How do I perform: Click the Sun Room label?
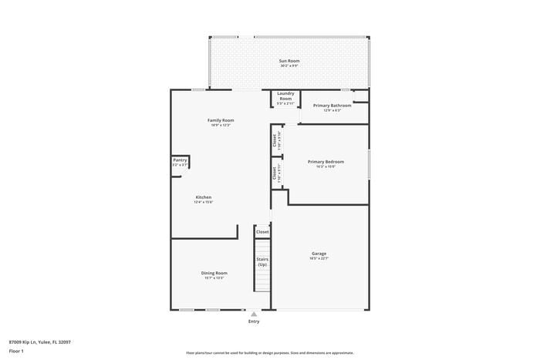[x=289, y=60]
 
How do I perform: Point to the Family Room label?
[x=221, y=120]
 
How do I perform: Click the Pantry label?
[x=180, y=160]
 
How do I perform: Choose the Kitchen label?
[x=203, y=197]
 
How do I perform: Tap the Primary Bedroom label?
[x=326, y=162]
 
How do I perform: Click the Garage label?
[x=319, y=254]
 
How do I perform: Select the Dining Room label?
[x=214, y=273]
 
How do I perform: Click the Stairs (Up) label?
[x=262, y=261]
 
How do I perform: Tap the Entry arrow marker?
[x=254, y=314]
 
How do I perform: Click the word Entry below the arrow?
[x=254, y=321]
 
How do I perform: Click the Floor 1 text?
[x=16, y=351]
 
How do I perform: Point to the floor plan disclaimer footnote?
[x=270, y=352]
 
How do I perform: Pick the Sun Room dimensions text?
[x=289, y=66]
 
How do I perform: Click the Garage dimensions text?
[x=319, y=259]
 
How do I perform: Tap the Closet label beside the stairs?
[x=262, y=231]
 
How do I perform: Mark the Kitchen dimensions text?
[x=203, y=203]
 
